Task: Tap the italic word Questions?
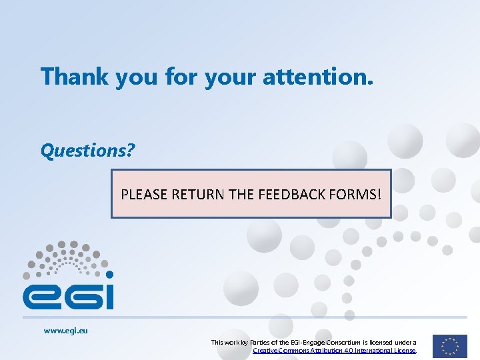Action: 87,151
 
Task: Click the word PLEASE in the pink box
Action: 144,195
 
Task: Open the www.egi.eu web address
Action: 65,330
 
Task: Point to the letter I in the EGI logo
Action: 109,296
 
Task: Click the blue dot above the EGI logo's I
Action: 109,274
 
